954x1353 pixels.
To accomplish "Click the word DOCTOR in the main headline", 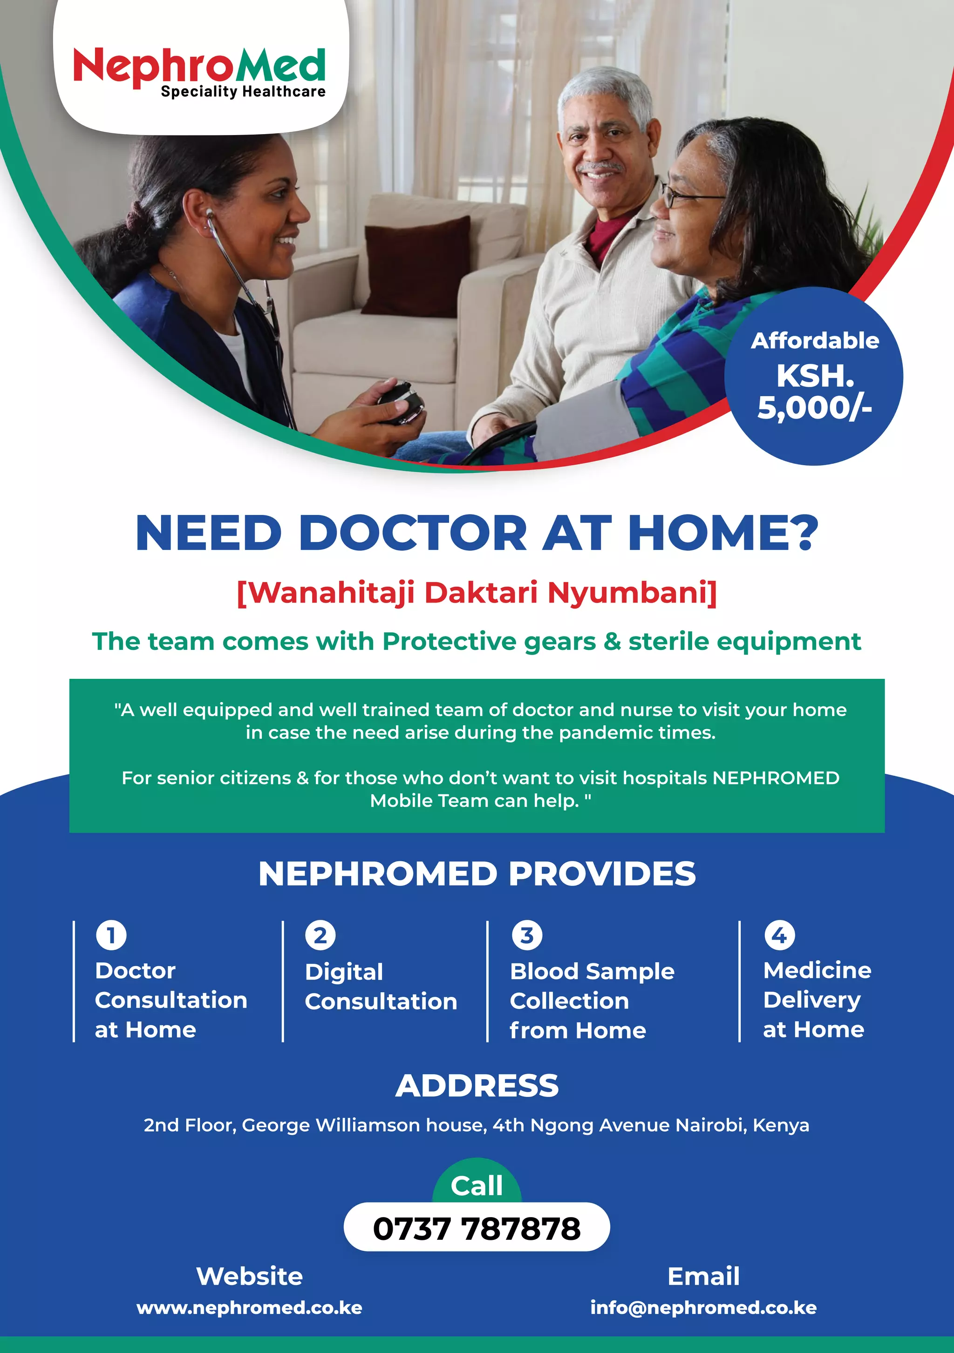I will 413,533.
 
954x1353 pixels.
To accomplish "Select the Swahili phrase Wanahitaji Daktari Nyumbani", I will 477,592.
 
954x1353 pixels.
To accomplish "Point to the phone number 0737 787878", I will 477,1229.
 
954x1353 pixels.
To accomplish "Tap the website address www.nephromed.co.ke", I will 249,1308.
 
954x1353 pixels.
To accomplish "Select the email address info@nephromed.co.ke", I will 703,1308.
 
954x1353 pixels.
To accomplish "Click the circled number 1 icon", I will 111,935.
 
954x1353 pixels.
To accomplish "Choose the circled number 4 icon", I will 779,935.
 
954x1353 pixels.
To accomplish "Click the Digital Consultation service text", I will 380,987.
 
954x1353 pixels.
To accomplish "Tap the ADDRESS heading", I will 477,1086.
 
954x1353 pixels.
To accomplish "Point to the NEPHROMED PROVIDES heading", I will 477,873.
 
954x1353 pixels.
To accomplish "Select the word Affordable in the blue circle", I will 814,341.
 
